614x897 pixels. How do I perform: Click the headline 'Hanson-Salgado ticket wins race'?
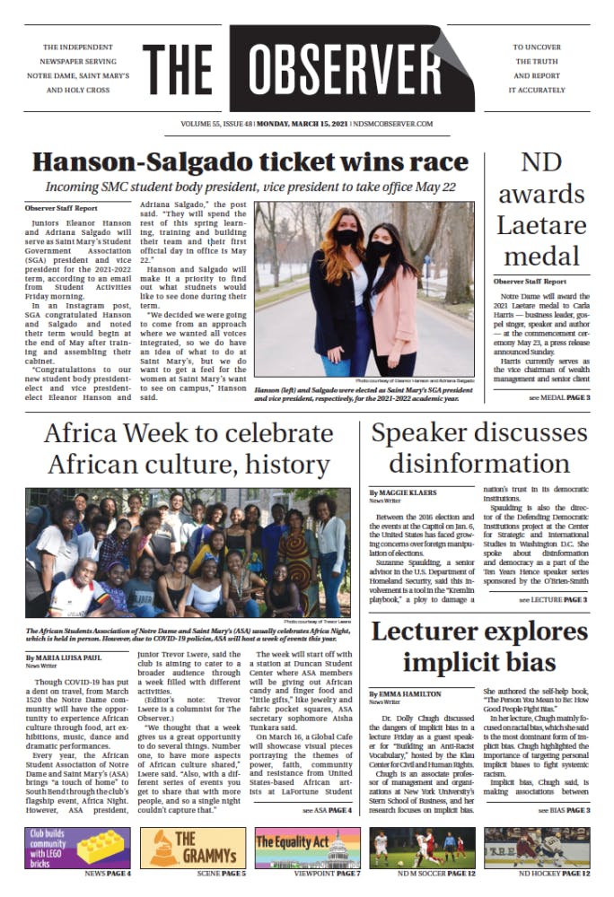[250, 163]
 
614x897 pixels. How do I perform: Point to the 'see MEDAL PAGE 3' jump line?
[558, 396]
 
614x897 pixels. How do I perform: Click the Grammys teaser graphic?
[186, 846]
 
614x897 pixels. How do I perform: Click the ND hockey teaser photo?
[537, 846]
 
